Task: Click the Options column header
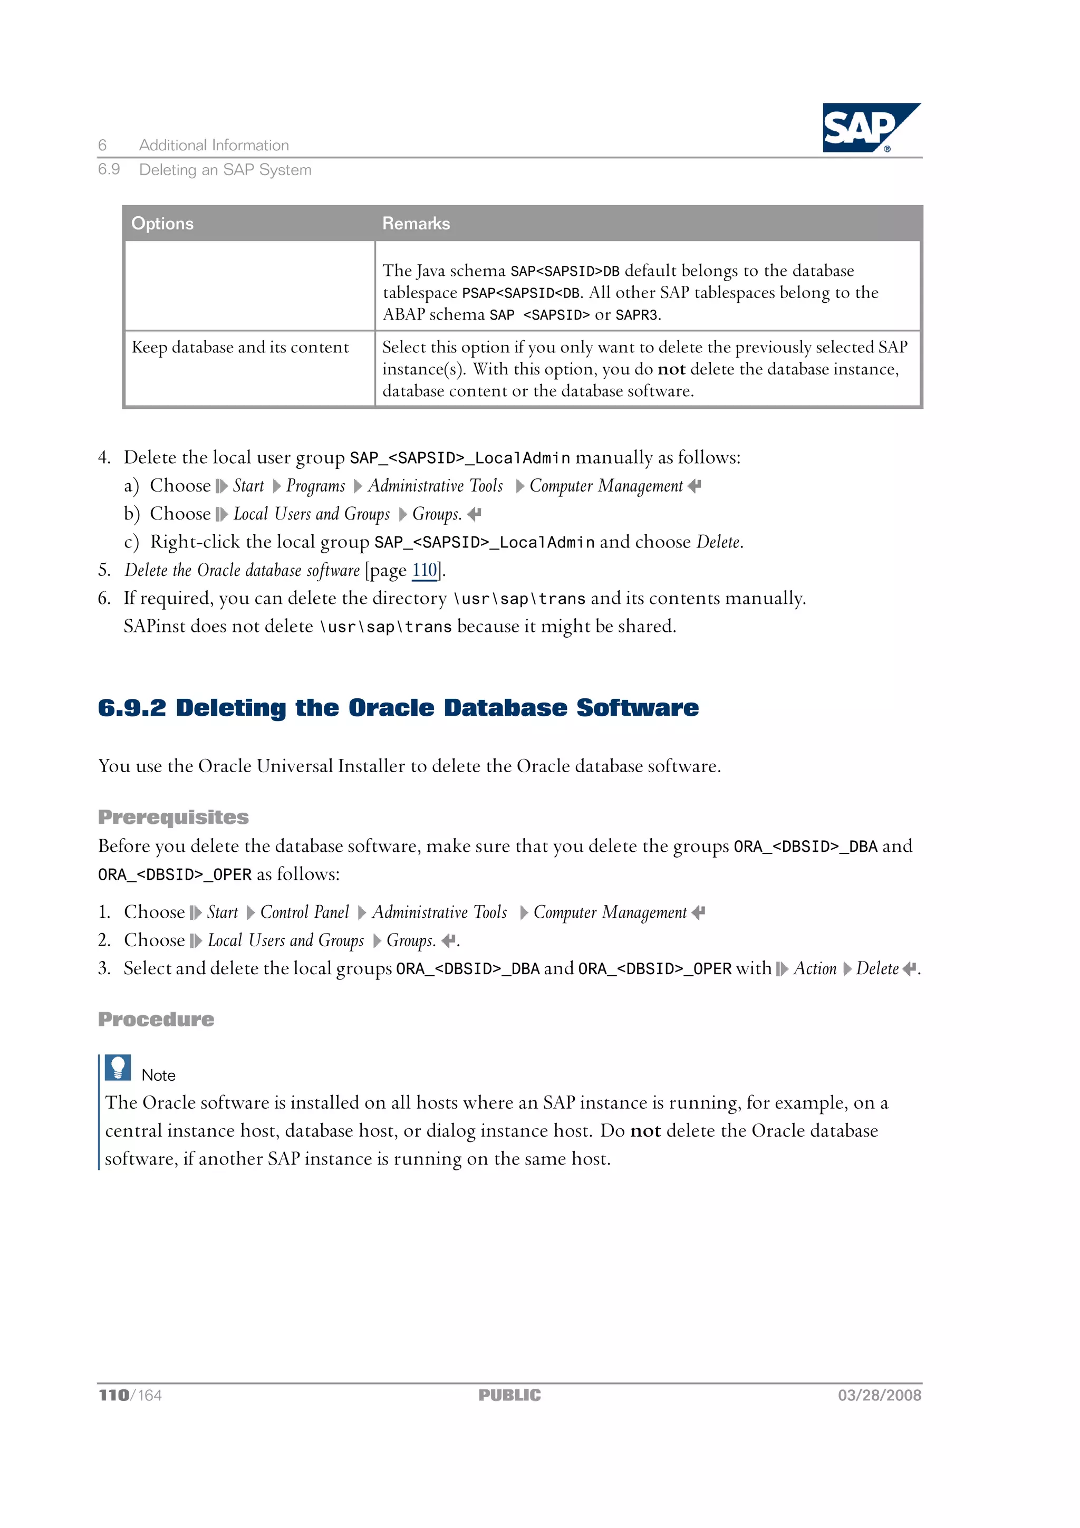click(x=162, y=224)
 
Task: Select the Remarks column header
click(x=416, y=224)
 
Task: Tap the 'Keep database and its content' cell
click(x=240, y=348)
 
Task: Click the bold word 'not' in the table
click(x=671, y=369)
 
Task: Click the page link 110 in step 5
click(x=425, y=570)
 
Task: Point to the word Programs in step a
click(x=315, y=486)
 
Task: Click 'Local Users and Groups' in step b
click(x=312, y=514)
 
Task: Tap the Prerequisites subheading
click(x=173, y=817)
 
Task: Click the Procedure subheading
click(x=156, y=1020)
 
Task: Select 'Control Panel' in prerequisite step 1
click(x=304, y=912)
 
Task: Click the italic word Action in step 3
click(x=815, y=969)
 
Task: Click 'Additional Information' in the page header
click(x=214, y=145)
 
